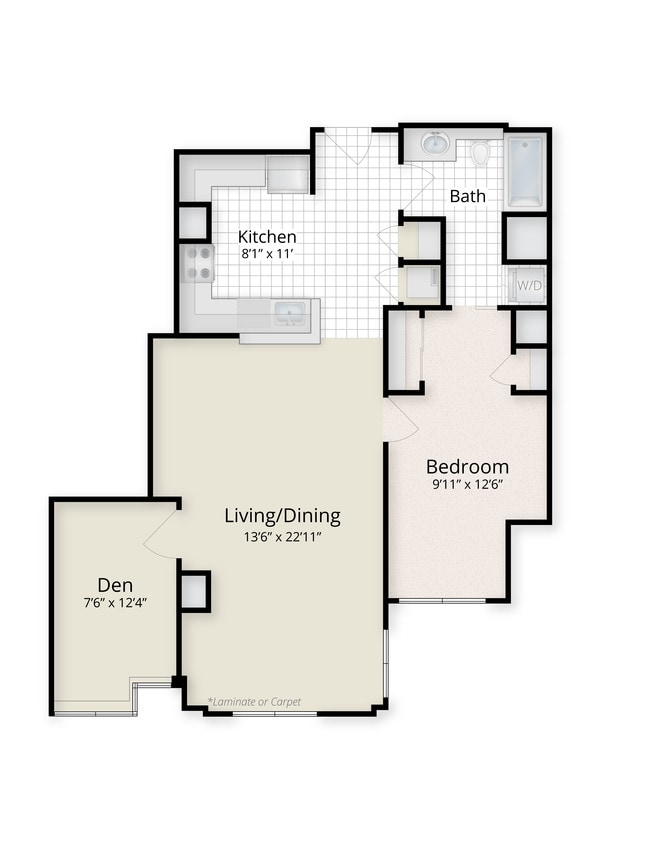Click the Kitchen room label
point(267,237)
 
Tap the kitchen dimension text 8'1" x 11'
point(267,254)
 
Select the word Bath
point(467,196)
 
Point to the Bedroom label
point(467,467)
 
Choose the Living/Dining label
point(282,516)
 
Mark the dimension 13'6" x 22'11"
point(282,536)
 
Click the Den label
point(116,584)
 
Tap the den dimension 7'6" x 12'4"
point(116,602)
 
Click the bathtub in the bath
point(526,171)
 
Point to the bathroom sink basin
point(436,144)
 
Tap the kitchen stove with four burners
point(198,262)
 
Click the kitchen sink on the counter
point(289,316)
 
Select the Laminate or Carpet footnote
point(254,701)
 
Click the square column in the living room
point(195,591)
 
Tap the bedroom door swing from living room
point(400,420)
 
